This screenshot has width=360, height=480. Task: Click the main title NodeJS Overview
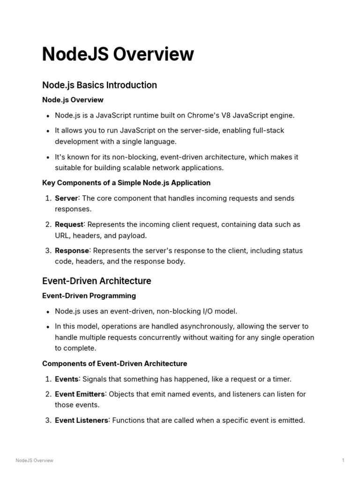click(x=118, y=54)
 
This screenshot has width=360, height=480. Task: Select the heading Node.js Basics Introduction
click(x=99, y=85)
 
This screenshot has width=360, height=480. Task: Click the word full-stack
click(x=266, y=130)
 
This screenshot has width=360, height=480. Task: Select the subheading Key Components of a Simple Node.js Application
click(x=126, y=183)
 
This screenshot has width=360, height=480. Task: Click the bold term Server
click(x=66, y=198)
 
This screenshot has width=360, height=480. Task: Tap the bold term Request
click(x=69, y=225)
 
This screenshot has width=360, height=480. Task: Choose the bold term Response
click(x=72, y=251)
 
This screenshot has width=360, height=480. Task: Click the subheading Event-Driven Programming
click(x=89, y=296)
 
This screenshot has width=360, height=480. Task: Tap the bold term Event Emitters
click(x=80, y=394)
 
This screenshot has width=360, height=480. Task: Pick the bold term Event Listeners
click(x=82, y=420)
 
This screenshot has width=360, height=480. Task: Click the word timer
click(x=280, y=379)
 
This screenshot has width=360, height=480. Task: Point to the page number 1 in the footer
click(x=343, y=460)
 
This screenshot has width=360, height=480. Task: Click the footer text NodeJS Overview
click(x=34, y=460)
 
